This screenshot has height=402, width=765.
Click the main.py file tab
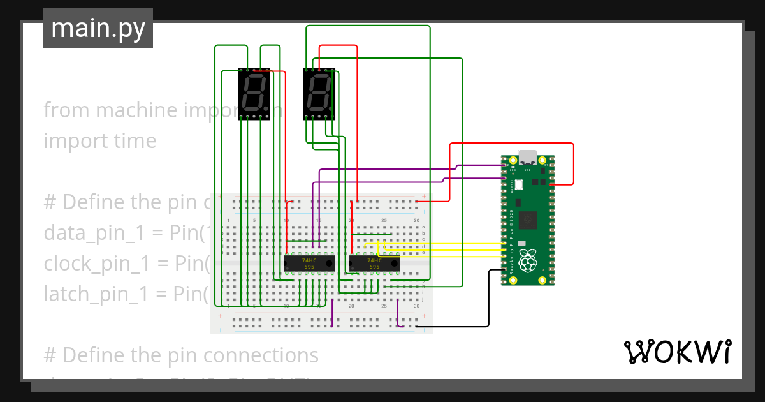pos(98,28)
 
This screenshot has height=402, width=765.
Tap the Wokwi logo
pos(677,352)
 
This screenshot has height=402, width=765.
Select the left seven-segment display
pos(254,94)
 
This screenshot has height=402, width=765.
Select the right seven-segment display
pos(319,93)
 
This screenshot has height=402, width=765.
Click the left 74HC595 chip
pos(309,264)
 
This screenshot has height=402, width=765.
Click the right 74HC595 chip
pos(374,264)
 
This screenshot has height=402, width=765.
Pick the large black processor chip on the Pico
pos(528,220)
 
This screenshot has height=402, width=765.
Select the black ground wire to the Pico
pos(488,300)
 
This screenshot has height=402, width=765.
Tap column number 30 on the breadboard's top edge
pos(416,221)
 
